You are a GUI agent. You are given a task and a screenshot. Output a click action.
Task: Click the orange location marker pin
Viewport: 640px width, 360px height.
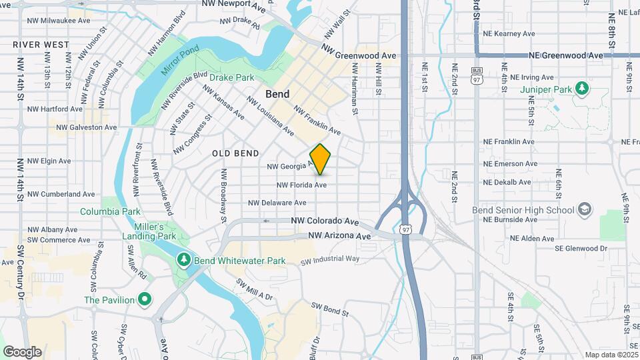321,159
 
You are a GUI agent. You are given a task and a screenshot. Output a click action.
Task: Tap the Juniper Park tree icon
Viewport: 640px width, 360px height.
582,87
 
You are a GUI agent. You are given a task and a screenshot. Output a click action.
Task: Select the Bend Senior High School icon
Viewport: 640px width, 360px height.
585,210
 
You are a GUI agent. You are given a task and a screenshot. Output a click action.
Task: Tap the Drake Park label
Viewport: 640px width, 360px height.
232,77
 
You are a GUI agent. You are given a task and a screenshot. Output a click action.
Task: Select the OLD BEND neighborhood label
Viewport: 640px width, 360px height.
235,153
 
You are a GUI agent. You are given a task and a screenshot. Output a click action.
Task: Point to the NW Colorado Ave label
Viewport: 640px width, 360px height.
325,221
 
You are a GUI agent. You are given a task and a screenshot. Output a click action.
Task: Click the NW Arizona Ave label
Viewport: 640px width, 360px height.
339,236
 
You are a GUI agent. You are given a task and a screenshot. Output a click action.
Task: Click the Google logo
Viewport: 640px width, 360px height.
22,351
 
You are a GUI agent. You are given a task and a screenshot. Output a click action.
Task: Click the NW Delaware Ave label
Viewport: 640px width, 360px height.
277,203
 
